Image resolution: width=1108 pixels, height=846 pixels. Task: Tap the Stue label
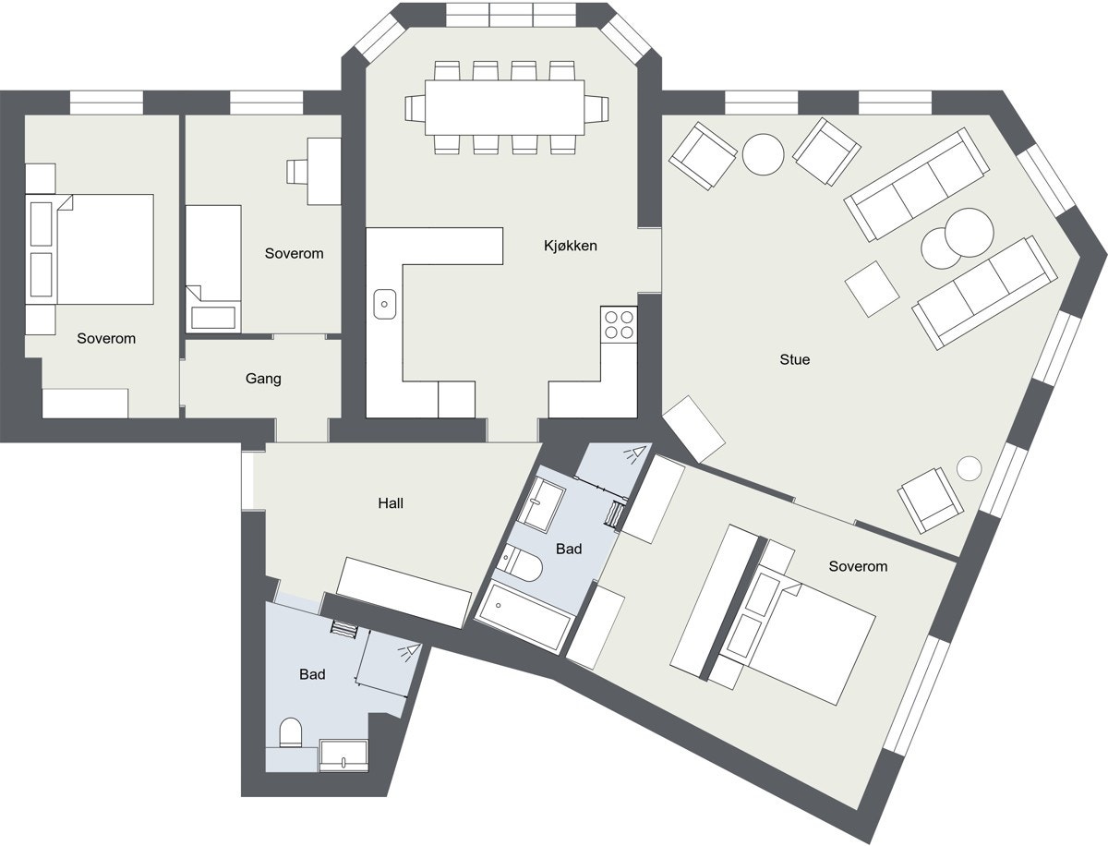coord(794,359)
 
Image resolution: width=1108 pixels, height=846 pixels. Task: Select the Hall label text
coord(391,503)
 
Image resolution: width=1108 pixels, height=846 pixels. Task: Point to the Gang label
coord(263,379)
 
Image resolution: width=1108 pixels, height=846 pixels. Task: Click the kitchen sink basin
coord(384,302)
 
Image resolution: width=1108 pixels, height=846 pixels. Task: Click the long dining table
coord(505,107)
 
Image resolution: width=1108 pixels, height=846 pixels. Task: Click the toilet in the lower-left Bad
coord(290,732)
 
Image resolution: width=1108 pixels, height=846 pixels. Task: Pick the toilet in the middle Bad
coord(522,564)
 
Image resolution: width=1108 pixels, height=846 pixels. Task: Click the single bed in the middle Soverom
coord(213,268)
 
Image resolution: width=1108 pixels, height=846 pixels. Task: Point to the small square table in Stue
coord(872,288)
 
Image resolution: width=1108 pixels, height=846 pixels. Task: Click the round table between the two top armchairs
coord(764,154)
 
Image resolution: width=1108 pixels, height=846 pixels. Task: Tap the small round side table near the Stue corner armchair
coord(968,468)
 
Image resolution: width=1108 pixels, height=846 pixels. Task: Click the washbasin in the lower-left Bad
coord(343,756)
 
